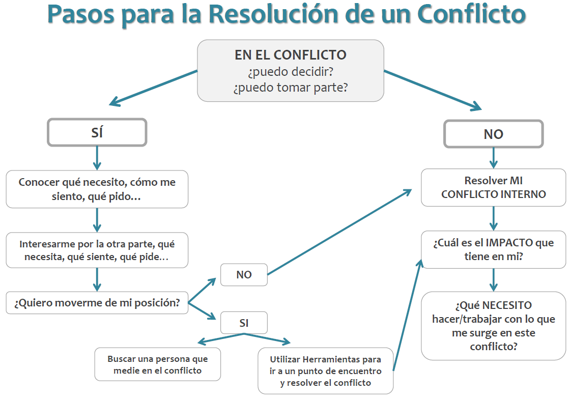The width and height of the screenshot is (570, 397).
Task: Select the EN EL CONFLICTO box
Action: [291, 71]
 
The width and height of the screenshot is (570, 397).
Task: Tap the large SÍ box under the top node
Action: [97, 132]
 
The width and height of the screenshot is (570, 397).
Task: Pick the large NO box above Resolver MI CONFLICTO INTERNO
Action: [493, 134]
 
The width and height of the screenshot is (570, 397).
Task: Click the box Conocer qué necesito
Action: [97, 189]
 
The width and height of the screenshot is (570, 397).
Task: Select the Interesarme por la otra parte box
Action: [97, 250]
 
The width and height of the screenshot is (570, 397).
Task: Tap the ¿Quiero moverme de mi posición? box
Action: [97, 302]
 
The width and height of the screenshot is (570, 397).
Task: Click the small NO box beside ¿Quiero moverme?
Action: [244, 274]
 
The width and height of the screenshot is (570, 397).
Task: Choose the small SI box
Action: [244, 323]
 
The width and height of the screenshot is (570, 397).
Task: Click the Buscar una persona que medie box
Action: [158, 364]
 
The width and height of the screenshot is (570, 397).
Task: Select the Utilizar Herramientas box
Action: [326, 371]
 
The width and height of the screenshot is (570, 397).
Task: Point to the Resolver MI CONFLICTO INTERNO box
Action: [493, 187]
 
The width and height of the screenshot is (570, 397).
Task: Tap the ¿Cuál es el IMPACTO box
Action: [493, 249]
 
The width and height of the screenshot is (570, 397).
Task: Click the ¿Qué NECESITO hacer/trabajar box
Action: [493, 326]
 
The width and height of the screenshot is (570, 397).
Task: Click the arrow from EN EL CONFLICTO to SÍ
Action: [153, 88]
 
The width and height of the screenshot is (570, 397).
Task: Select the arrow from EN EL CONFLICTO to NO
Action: [433, 90]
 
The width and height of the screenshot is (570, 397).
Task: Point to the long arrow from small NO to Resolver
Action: [339, 232]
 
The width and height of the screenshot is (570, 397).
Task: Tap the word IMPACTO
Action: [509, 242]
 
